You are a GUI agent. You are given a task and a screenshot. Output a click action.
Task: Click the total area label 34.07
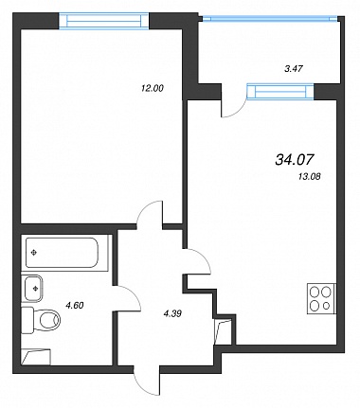[295, 159]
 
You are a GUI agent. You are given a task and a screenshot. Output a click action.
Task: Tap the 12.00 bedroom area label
[153, 88]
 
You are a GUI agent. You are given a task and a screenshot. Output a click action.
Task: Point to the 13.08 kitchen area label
[309, 177]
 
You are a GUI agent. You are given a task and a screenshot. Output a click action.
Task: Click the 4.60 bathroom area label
[75, 305]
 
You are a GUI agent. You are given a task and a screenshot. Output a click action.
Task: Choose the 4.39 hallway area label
[172, 313]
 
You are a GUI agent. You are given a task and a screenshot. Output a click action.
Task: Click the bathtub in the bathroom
[62, 253]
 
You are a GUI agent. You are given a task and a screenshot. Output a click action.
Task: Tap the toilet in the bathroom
[42, 320]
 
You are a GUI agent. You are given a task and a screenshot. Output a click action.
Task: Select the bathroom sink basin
[32, 288]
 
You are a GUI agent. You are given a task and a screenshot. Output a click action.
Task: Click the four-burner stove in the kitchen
[322, 299]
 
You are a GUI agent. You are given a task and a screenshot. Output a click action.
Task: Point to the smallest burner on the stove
[327, 306]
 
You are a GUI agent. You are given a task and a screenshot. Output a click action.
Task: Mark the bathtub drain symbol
[34, 253]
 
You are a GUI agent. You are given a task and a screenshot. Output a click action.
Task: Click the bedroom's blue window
[104, 21]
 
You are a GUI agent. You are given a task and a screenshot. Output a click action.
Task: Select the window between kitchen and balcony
[280, 92]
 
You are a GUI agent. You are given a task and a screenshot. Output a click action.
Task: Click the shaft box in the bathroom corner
[36, 357]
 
